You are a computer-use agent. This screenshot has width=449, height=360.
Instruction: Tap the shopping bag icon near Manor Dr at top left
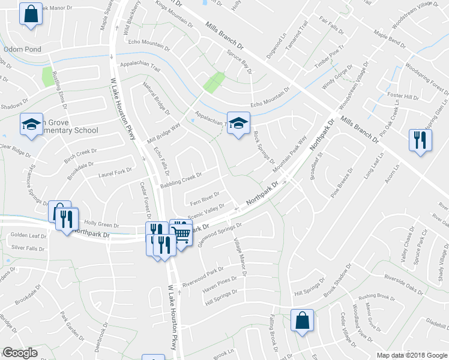pos(29,13)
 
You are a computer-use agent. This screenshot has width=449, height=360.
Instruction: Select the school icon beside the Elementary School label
pos(31,124)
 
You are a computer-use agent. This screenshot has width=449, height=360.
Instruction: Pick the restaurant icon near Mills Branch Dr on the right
pos(419,140)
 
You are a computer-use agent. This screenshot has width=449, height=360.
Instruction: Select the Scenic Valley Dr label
pos(206,211)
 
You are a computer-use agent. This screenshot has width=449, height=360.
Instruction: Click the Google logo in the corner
pos(20,353)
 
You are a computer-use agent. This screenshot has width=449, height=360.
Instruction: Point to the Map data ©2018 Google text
pos(412,355)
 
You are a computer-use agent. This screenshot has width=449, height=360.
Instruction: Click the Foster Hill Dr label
pos(403,97)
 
